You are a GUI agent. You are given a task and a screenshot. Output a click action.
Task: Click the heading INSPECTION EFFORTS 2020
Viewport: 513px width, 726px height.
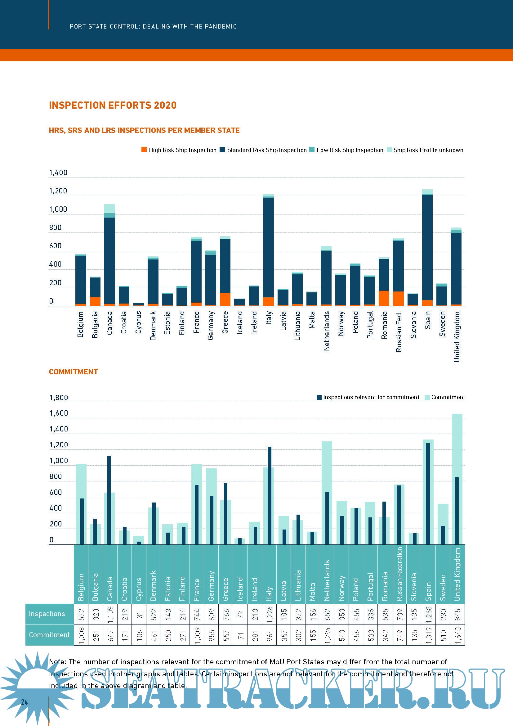click(113, 105)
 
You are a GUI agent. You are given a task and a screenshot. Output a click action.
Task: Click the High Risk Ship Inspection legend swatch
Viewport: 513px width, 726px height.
click(144, 150)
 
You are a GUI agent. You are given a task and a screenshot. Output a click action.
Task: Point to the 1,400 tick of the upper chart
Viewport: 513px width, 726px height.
click(58, 173)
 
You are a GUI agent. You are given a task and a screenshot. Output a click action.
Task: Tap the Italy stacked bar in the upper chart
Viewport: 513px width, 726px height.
click(268, 250)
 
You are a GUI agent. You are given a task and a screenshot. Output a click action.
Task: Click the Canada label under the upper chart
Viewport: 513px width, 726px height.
click(109, 323)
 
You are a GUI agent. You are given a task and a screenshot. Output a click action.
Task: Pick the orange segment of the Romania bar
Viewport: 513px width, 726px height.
click(384, 298)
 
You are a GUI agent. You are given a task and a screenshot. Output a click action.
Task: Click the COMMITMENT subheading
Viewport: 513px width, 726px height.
click(73, 372)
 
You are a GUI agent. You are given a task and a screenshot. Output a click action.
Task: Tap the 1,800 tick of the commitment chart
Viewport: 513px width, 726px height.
click(59, 398)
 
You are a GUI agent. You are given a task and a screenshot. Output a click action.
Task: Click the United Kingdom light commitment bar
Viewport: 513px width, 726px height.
click(457, 443)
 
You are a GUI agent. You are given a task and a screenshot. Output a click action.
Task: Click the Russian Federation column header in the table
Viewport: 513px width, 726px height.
click(399, 574)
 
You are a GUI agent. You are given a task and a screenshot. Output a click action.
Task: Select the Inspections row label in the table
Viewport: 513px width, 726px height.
click(47, 614)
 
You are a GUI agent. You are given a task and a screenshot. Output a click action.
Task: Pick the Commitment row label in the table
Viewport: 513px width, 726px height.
click(49, 635)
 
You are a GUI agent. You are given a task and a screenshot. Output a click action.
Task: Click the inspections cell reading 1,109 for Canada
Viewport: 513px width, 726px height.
click(110, 614)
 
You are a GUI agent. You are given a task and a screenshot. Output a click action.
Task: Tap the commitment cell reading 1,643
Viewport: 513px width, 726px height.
click(457, 635)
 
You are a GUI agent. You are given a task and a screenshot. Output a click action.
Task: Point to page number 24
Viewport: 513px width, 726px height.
click(24, 702)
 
